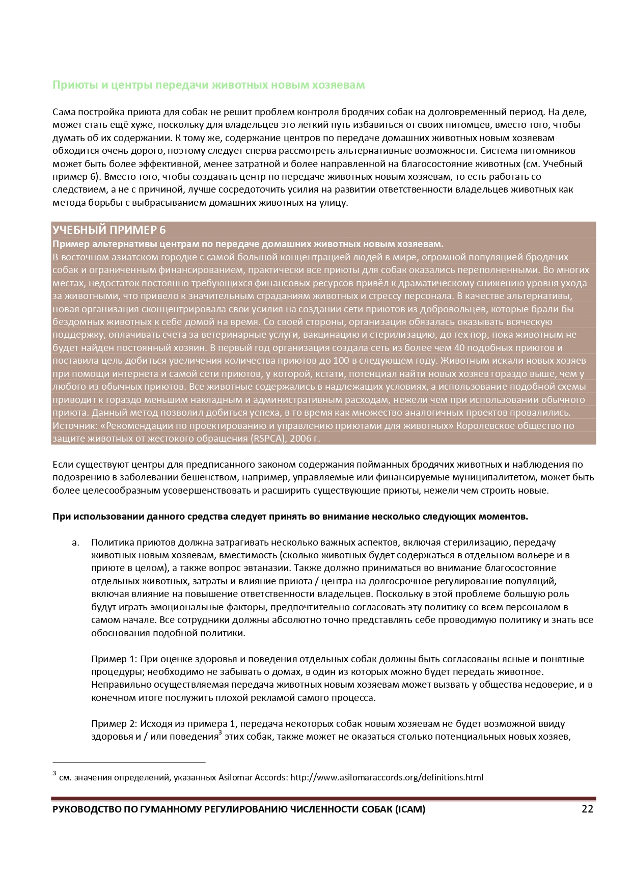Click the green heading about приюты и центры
tap(208, 85)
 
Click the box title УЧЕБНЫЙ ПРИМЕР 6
tap(109, 230)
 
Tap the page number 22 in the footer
tap(587, 809)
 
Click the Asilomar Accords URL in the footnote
tap(387, 777)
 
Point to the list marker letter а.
tap(76, 543)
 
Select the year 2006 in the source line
tap(299, 439)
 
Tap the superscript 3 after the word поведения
tap(220, 734)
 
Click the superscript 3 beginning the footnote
tap(54, 774)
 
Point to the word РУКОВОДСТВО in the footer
tap(86, 809)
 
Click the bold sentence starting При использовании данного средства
tap(290, 517)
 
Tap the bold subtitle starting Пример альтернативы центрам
tap(248, 244)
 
